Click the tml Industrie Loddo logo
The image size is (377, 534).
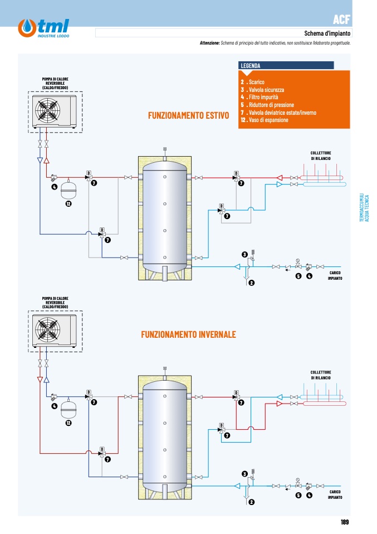tap(43, 28)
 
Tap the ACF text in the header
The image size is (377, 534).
tap(341, 20)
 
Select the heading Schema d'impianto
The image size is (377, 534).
tap(327, 33)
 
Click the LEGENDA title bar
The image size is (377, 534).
tap(286, 65)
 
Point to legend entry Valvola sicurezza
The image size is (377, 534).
tap(266, 90)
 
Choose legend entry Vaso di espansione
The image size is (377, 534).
tap(265, 120)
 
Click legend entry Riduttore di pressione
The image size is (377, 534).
tap(267, 105)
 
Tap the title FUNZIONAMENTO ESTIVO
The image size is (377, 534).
tap(188, 115)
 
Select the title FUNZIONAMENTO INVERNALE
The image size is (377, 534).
tap(188, 334)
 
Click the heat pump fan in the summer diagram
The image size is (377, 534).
tap(48, 110)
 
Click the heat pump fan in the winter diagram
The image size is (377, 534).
tap(48, 329)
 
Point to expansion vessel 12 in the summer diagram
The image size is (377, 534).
tap(68, 190)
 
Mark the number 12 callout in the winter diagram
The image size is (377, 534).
tap(68, 423)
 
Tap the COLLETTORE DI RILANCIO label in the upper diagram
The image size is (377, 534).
tap(321, 156)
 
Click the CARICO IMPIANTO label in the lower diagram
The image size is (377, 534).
tap(335, 494)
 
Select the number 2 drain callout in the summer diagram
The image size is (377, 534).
tap(252, 283)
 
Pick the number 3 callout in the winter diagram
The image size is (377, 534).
tap(244, 474)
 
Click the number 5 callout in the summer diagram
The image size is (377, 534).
tap(298, 276)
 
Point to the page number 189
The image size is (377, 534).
tap(345, 522)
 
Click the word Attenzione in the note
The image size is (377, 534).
tap(209, 43)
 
